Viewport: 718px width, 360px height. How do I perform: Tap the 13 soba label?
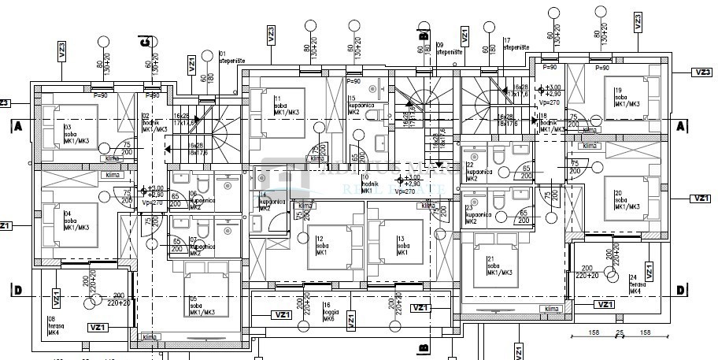point(402,243)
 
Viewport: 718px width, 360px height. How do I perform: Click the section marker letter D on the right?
point(681,290)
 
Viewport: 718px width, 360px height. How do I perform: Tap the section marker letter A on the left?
point(16,125)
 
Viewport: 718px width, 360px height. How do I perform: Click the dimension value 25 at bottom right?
point(620,333)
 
